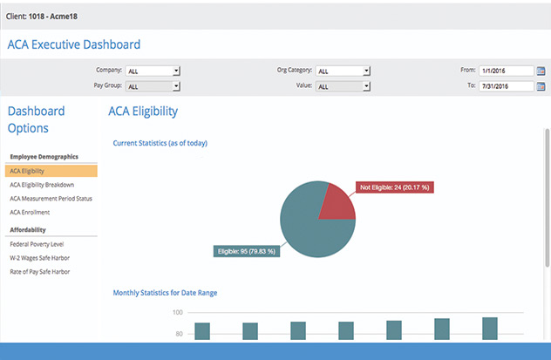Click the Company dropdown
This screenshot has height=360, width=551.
point(153,71)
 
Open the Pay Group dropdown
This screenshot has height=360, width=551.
point(153,86)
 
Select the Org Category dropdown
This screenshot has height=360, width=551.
point(344,71)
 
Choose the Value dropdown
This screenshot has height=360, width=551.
point(344,86)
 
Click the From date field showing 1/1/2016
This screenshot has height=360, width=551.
point(505,71)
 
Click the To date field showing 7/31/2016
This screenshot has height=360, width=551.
point(505,86)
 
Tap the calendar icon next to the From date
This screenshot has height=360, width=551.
point(541,71)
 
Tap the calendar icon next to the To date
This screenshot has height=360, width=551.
point(541,86)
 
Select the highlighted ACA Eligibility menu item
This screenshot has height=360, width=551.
point(51,171)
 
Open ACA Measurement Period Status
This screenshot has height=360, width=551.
point(51,199)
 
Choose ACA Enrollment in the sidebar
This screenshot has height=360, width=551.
point(30,212)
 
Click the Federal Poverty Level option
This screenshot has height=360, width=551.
point(36,244)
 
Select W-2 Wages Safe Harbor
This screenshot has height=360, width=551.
point(39,257)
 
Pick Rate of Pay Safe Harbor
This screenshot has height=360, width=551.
point(40,271)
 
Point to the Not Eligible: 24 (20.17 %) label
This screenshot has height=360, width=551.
point(394,187)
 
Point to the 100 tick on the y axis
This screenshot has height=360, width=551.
point(177,312)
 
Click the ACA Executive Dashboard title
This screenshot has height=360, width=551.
point(74,44)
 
